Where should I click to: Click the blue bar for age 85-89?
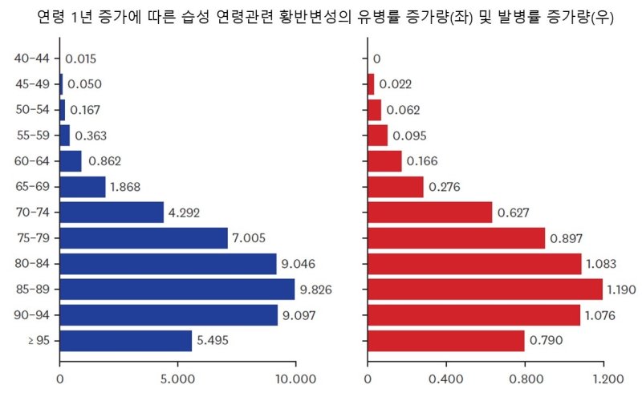pos(177,289)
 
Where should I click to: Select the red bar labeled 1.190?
pos(485,289)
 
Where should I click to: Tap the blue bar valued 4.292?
pos(112,213)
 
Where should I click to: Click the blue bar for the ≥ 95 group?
pos(126,340)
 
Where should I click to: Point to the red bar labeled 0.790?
pos(445,340)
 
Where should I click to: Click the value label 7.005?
pos(249,238)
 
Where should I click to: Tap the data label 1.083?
pos(603,264)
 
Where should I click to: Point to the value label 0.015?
pos(81,59)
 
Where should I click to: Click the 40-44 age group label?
pos(32,59)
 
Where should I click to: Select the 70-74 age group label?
pos(32,213)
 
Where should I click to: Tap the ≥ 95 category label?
pos(37,340)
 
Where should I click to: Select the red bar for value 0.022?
pos(371,84)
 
